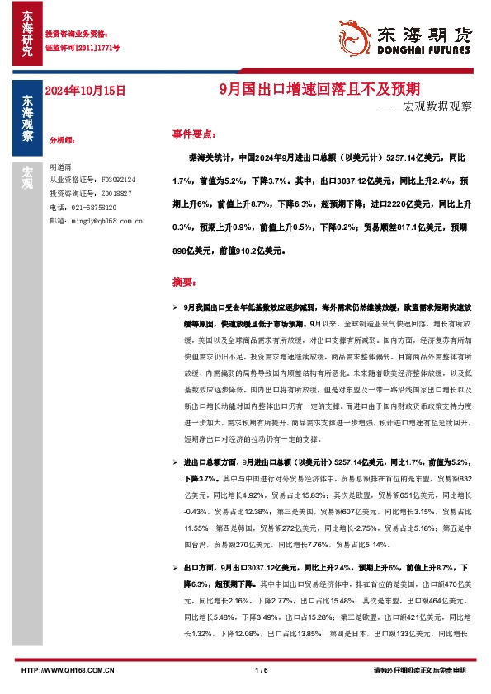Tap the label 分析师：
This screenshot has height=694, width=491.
click(x=63, y=141)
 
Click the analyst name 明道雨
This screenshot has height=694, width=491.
click(x=61, y=166)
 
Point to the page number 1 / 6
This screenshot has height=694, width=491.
click(x=262, y=670)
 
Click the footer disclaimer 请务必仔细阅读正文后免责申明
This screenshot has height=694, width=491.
click(x=419, y=670)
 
